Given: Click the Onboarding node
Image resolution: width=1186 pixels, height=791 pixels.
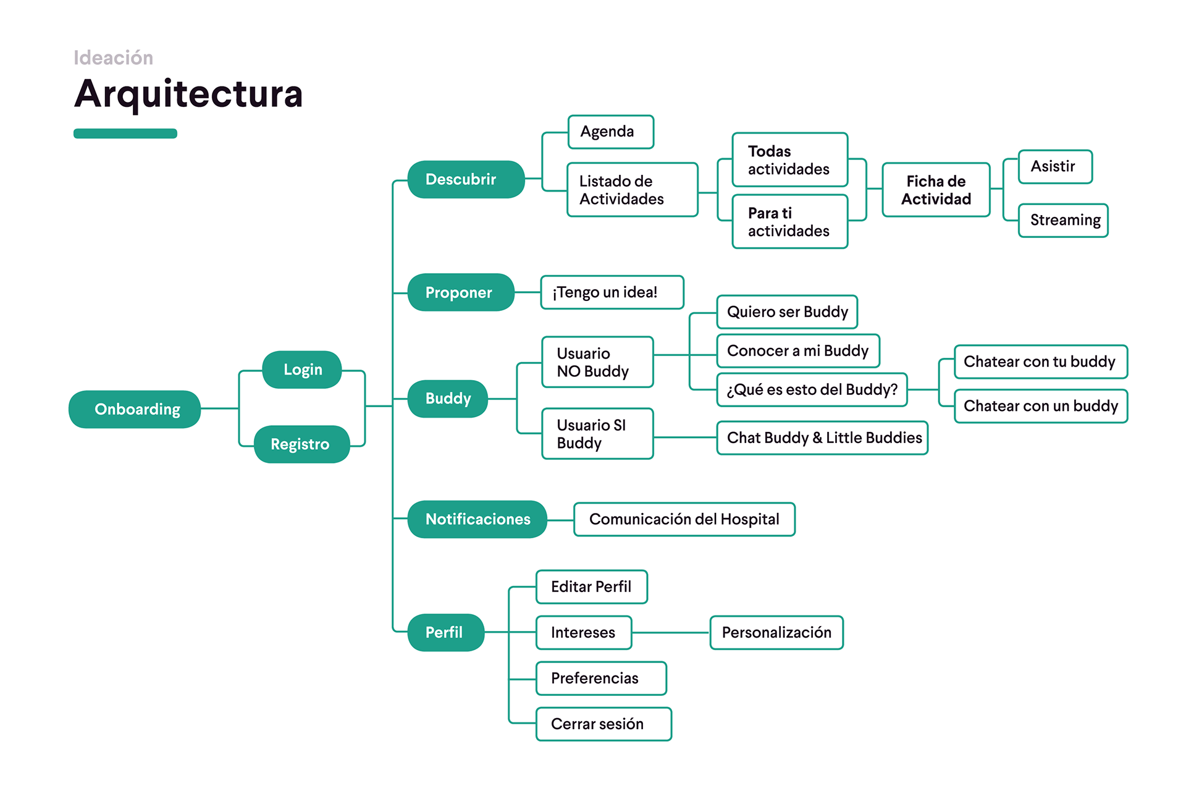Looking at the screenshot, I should click(x=135, y=409).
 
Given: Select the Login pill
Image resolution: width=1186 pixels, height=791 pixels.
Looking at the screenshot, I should click(x=302, y=370).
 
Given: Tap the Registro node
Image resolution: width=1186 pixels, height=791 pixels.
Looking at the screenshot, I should click(x=301, y=444).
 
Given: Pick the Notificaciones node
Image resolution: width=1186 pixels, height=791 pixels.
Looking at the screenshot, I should click(x=477, y=519).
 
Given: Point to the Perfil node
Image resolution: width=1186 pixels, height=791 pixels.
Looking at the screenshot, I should click(x=445, y=632).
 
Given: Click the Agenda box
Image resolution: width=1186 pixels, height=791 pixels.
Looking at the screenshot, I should click(x=610, y=132).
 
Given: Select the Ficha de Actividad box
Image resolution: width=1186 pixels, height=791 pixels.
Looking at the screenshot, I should click(x=936, y=190).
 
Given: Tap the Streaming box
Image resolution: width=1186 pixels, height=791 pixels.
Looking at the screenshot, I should click(x=1063, y=220).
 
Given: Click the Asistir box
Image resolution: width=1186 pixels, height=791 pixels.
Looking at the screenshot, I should click(x=1055, y=166).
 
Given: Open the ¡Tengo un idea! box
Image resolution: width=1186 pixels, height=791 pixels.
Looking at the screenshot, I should click(x=612, y=292).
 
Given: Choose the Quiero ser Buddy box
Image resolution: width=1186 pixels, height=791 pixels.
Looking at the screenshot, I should click(x=787, y=311).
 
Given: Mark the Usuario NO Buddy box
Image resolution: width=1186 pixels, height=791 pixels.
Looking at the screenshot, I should click(x=597, y=362).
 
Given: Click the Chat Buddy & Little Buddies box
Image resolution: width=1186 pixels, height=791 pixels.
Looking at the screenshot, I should click(x=822, y=438).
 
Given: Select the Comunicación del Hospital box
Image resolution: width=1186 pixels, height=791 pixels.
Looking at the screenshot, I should click(x=684, y=519).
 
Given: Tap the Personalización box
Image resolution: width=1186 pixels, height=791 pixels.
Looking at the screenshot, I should click(x=776, y=632).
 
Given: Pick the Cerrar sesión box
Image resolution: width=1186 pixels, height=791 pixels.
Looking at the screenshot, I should click(x=604, y=724).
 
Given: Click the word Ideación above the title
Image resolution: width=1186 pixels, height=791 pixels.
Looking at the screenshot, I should click(x=113, y=57).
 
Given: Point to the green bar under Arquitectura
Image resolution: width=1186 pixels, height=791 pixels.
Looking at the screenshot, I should click(x=125, y=133).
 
